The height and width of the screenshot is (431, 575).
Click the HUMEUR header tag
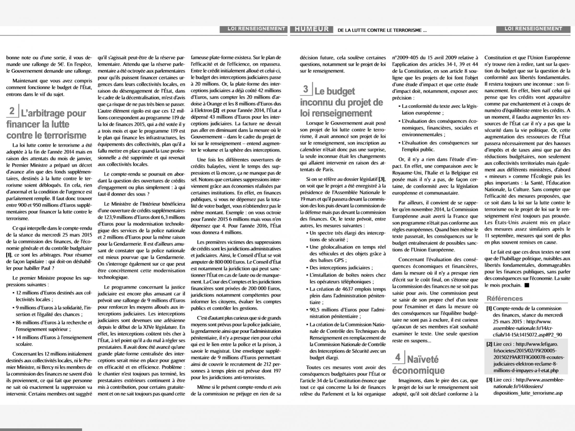(311, 29)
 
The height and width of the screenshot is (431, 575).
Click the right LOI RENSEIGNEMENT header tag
(533, 29)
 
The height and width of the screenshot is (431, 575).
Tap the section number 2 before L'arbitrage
(12, 111)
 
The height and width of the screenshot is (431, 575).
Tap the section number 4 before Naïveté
(397, 357)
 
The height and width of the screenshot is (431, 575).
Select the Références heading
(505, 298)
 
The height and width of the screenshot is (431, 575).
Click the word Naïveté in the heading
(423, 360)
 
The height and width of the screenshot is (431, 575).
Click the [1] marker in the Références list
(489, 308)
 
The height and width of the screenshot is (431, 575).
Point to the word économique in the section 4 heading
(418, 371)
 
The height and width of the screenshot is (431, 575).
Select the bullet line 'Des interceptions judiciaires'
(341, 268)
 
